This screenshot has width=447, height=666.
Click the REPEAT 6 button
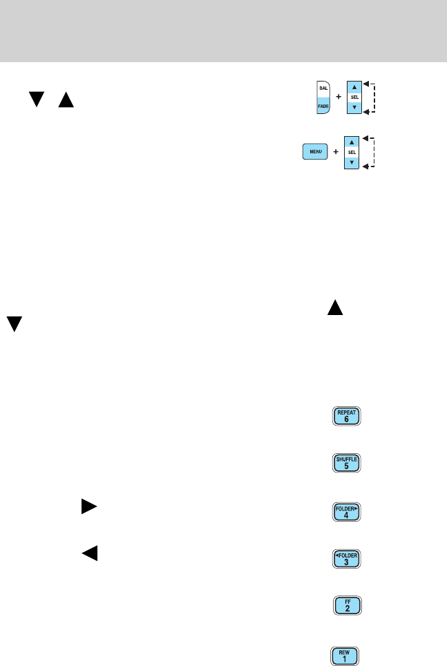345,417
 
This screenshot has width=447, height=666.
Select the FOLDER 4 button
345,512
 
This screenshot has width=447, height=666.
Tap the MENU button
315,151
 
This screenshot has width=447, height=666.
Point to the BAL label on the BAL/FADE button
322,88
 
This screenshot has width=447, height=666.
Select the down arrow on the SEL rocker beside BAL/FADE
353,108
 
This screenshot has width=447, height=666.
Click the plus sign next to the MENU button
335,152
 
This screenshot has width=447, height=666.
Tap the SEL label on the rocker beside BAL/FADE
353,97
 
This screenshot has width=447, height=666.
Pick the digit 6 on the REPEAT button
345,420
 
